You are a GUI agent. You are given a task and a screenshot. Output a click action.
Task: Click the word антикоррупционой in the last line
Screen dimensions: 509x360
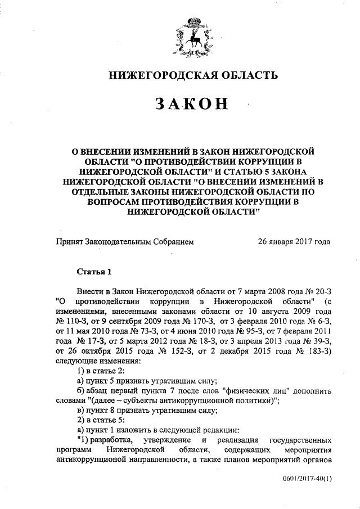click(90, 460)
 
